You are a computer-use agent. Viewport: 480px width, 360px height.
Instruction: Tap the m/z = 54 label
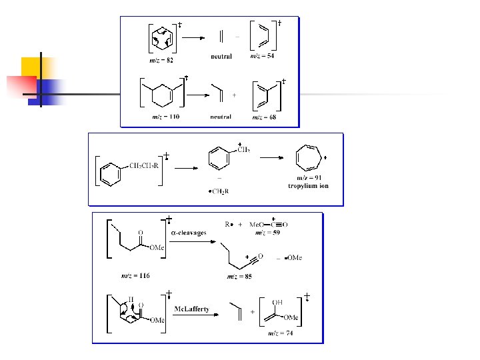(262, 57)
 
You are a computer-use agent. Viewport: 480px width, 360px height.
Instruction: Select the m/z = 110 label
(165, 117)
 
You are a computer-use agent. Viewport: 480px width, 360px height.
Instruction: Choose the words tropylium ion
(308, 185)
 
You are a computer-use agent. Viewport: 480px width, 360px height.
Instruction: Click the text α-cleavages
(189, 233)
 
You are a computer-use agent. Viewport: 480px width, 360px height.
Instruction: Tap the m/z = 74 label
(280, 333)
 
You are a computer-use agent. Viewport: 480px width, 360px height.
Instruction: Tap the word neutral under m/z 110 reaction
(221, 117)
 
